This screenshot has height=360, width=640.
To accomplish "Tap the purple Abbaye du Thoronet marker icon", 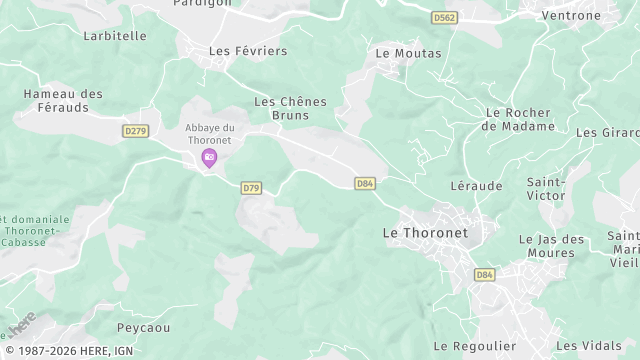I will (x=210, y=158).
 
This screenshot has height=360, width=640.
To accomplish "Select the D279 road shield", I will (x=135, y=131).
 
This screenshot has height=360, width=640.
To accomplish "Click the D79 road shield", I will (x=251, y=188).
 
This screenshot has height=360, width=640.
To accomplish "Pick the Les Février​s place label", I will (x=247, y=51).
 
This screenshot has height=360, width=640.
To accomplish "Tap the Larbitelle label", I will (x=115, y=36).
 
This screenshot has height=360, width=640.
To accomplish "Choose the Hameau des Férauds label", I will (x=63, y=101).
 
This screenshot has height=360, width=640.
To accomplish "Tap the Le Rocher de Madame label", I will (x=518, y=120).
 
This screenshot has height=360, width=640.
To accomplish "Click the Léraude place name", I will (x=477, y=186).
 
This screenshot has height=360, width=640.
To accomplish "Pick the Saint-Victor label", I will (x=545, y=190).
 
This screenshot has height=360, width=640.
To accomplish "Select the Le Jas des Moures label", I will (x=552, y=246).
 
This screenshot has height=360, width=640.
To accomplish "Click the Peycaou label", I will (x=143, y=327).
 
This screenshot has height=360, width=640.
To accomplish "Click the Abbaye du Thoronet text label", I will (x=210, y=133).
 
